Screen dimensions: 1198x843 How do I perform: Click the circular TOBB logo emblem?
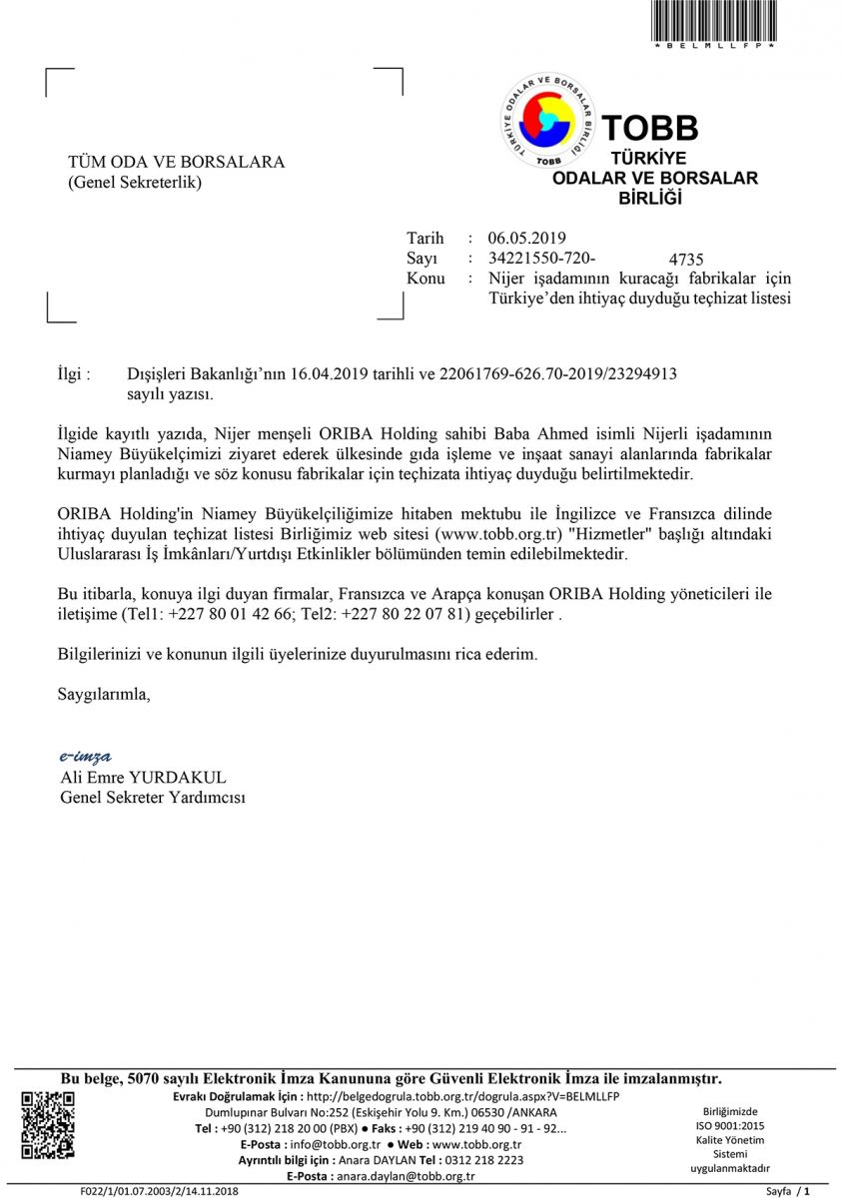click(x=547, y=121)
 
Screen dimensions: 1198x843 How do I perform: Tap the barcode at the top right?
click(x=713, y=21)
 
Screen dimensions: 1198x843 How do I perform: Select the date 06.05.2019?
click(x=526, y=238)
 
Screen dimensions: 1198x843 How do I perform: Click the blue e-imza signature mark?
click(x=85, y=756)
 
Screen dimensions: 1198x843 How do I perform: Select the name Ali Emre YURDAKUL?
click(x=144, y=777)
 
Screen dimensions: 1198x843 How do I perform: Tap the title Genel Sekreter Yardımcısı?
click(x=153, y=797)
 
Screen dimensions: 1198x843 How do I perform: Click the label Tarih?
click(x=424, y=238)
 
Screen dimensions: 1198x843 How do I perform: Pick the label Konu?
click(x=425, y=279)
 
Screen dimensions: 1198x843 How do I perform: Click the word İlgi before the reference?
click(x=75, y=374)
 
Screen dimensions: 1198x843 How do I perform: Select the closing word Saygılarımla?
click(x=104, y=694)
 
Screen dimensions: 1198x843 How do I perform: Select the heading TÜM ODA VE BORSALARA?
click(x=176, y=162)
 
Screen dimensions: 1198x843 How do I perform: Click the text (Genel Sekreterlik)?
click(x=134, y=182)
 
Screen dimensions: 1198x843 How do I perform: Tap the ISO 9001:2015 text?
click(x=730, y=1125)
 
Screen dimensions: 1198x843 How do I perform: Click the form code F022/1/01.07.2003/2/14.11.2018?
click(x=160, y=1191)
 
